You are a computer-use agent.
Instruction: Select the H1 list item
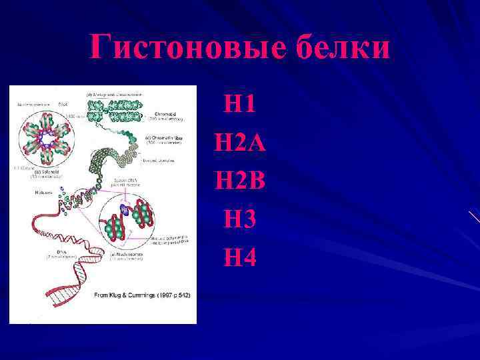[x=240, y=103]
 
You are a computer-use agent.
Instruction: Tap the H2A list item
[x=240, y=142]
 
